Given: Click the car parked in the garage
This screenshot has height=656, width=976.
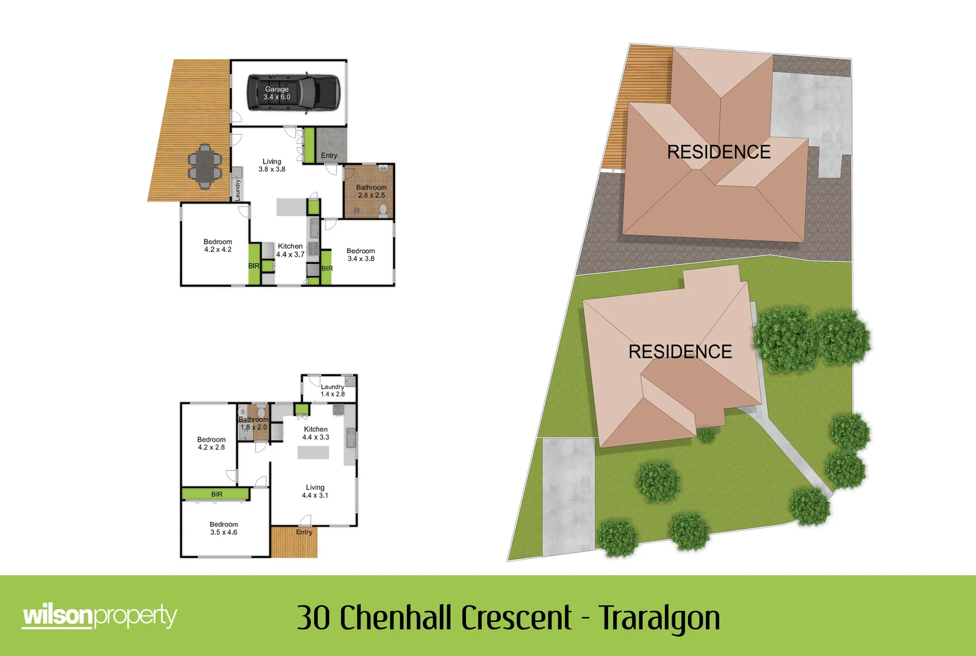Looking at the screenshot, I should coord(293,93).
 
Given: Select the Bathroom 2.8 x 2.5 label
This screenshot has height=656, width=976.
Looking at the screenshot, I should coord(371,191).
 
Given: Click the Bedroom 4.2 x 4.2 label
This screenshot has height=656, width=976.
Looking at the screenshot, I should coord(218,246).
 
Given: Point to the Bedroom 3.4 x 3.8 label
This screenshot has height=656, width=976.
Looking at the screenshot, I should coord(361,255).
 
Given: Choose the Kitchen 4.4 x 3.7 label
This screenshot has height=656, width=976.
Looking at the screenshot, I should coord(290,251).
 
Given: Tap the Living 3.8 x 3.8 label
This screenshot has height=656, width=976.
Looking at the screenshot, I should coord(271,165).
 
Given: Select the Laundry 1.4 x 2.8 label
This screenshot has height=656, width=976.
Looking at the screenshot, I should coord(332,390).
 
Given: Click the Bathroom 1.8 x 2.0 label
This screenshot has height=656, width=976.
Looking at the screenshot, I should coord(253,423).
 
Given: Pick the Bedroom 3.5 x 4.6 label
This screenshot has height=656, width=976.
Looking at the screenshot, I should coord(223,528).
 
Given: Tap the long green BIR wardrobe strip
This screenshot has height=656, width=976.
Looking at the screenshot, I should coord(216,494).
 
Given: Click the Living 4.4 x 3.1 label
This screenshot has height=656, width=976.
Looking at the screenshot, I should coord(315,491).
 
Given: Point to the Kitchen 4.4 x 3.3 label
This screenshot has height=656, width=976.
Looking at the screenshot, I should coord(315,433).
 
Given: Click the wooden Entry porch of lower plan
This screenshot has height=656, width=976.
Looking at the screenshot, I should coord(294,543).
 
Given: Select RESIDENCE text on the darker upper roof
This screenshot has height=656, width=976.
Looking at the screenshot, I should coord(719,152).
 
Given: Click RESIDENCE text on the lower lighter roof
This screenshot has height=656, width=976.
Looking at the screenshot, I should coord(680,352).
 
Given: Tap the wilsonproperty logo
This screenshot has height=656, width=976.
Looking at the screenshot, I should coord(99,616).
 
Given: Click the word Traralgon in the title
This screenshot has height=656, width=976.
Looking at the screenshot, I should coord(659,618).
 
